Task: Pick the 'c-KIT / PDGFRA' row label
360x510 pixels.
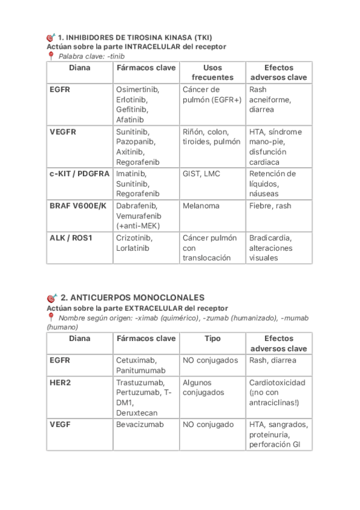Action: [x=79, y=173]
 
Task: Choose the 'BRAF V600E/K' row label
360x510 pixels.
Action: [x=77, y=206]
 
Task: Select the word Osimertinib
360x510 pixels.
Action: [x=138, y=89]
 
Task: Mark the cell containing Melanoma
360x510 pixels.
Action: [x=201, y=206]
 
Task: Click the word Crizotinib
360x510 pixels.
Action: [x=134, y=237]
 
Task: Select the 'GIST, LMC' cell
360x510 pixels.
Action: [x=201, y=173]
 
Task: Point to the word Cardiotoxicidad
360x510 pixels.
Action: [x=277, y=382]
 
